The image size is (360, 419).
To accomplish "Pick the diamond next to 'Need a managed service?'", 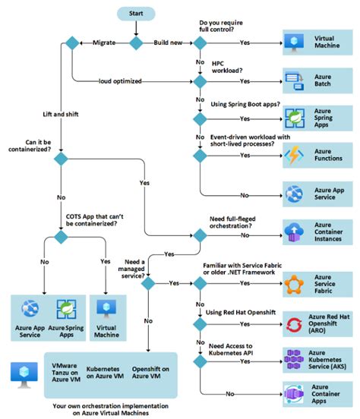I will tap(149, 282).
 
